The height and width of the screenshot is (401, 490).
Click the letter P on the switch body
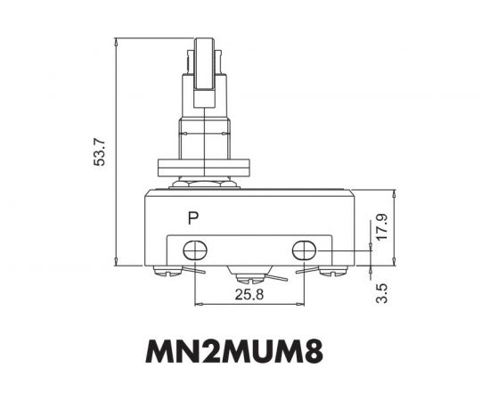(x=193, y=217)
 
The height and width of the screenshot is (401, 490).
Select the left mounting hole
(x=194, y=250)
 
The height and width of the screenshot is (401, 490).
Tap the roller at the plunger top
(x=204, y=62)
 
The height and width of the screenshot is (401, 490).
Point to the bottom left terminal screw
(x=166, y=271)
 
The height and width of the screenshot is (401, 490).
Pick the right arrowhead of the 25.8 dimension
(x=304, y=304)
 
